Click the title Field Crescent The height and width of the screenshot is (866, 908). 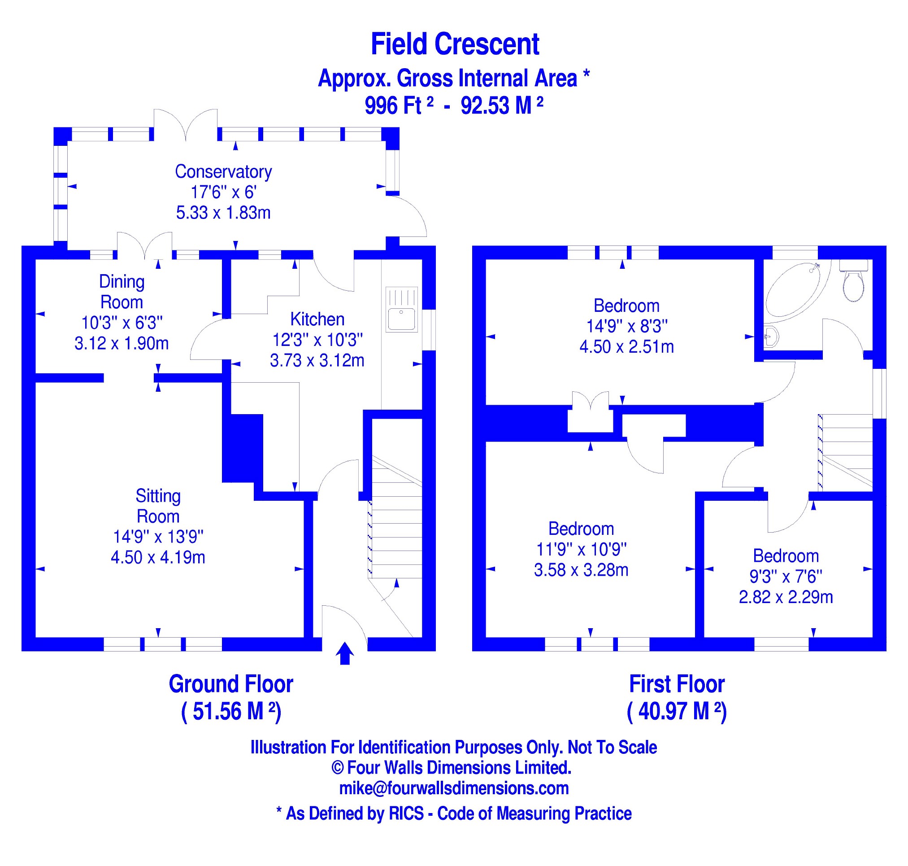tap(455, 44)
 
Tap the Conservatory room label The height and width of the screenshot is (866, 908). tap(223, 172)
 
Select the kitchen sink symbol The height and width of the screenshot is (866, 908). tap(401, 310)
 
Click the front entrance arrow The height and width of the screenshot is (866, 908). tap(345, 653)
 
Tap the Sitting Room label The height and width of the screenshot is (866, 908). tap(158, 506)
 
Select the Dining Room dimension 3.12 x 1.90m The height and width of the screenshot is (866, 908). tap(122, 343)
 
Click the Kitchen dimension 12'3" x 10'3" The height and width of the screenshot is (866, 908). tap(317, 340)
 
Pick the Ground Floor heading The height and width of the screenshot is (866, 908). tap(230, 684)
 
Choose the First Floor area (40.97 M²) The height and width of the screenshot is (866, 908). tap(676, 711)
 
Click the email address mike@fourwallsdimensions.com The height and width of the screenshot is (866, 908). tap(453, 788)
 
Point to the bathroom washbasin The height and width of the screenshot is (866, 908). tap(771, 336)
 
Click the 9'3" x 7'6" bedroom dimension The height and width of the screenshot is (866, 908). tap(786, 577)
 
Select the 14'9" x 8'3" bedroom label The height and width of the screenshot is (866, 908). tap(626, 326)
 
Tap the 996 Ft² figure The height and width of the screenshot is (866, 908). tap(399, 106)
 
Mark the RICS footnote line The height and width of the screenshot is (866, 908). tap(453, 814)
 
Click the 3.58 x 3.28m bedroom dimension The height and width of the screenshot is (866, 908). tap(581, 570)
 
